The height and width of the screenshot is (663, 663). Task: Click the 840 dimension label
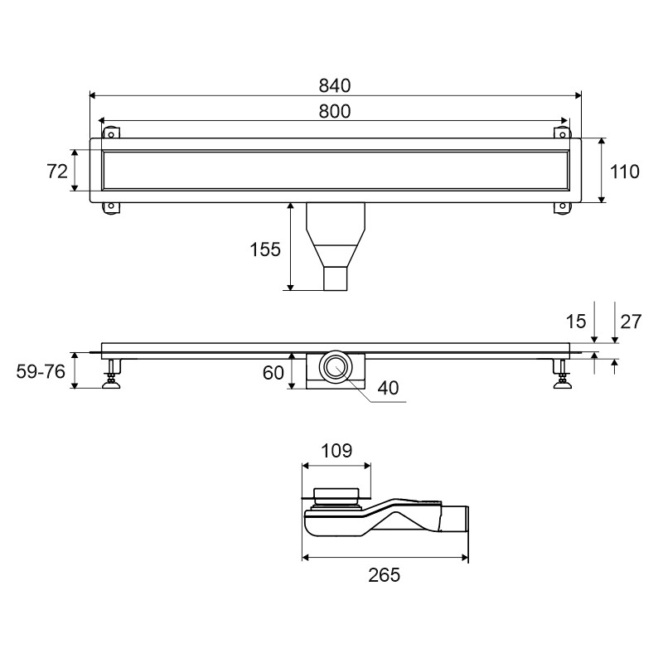(x=335, y=86)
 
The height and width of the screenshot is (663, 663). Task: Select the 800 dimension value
(x=335, y=111)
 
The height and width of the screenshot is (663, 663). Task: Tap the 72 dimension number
(x=57, y=172)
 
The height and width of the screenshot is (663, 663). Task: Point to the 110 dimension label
(x=625, y=172)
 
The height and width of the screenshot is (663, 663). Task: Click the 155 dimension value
(x=265, y=249)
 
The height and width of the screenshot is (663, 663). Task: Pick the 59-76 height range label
(x=41, y=371)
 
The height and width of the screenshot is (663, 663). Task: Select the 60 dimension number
(x=273, y=372)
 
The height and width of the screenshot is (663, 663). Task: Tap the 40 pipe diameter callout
(x=388, y=388)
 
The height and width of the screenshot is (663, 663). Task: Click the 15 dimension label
(x=576, y=322)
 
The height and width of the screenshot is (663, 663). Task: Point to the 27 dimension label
(x=631, y=322)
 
